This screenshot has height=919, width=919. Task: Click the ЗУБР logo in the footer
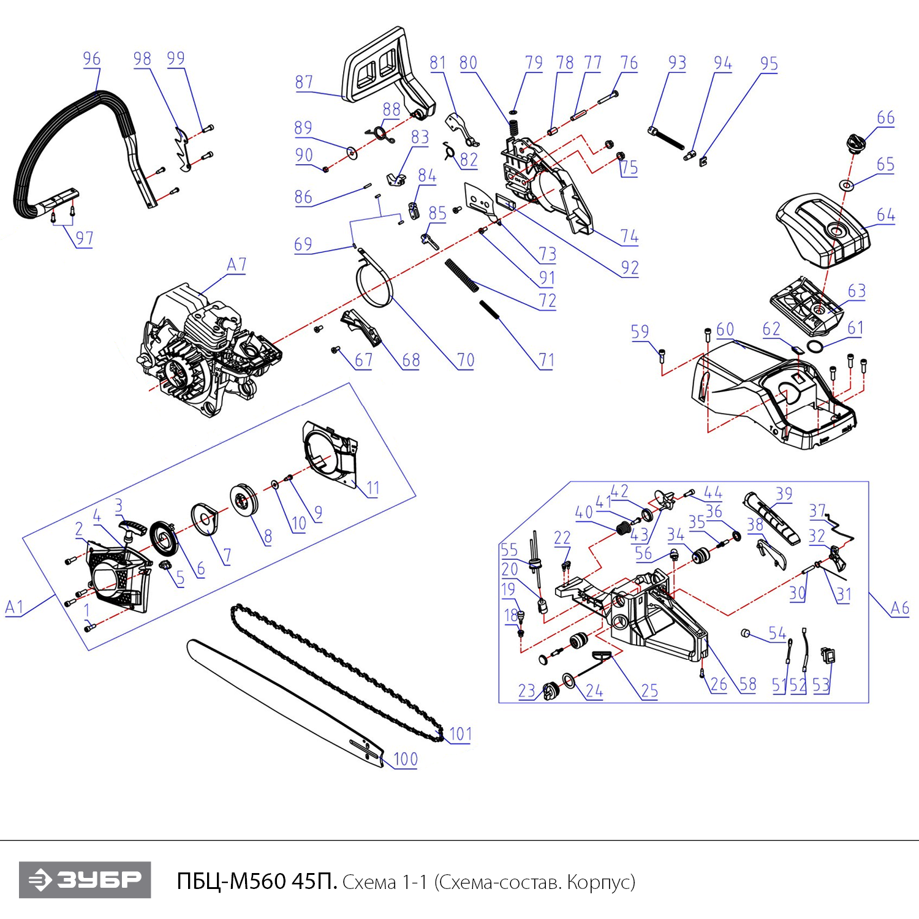(x=85, y=880)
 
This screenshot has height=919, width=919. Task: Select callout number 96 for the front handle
(x=91, y=59)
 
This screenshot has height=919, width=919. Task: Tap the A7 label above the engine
(x=236, y=265)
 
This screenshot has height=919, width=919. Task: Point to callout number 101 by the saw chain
(x=460, y=733)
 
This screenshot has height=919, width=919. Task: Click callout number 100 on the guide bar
(x=405, y=760)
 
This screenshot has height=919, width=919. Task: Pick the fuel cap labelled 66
(x=856, y=143)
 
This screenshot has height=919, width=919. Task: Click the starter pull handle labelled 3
(x=133, y=528)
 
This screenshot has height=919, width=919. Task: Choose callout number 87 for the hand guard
(x=304, y=82)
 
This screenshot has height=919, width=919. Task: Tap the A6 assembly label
(x=899, y=608)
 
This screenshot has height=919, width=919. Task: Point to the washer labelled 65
(x=846, y=184)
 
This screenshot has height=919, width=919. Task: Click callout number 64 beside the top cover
(x=885, y=215)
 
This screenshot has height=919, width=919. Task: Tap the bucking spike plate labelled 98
(x=182, y=149)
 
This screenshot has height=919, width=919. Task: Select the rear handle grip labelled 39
(x=771, y=518)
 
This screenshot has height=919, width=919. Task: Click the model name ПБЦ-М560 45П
(x=257, y=881)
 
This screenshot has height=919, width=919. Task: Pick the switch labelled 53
(x=829, y=656)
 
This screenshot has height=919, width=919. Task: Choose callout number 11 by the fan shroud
(x=373, y=488)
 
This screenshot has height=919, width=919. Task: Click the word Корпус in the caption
(x=600, y=882)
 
